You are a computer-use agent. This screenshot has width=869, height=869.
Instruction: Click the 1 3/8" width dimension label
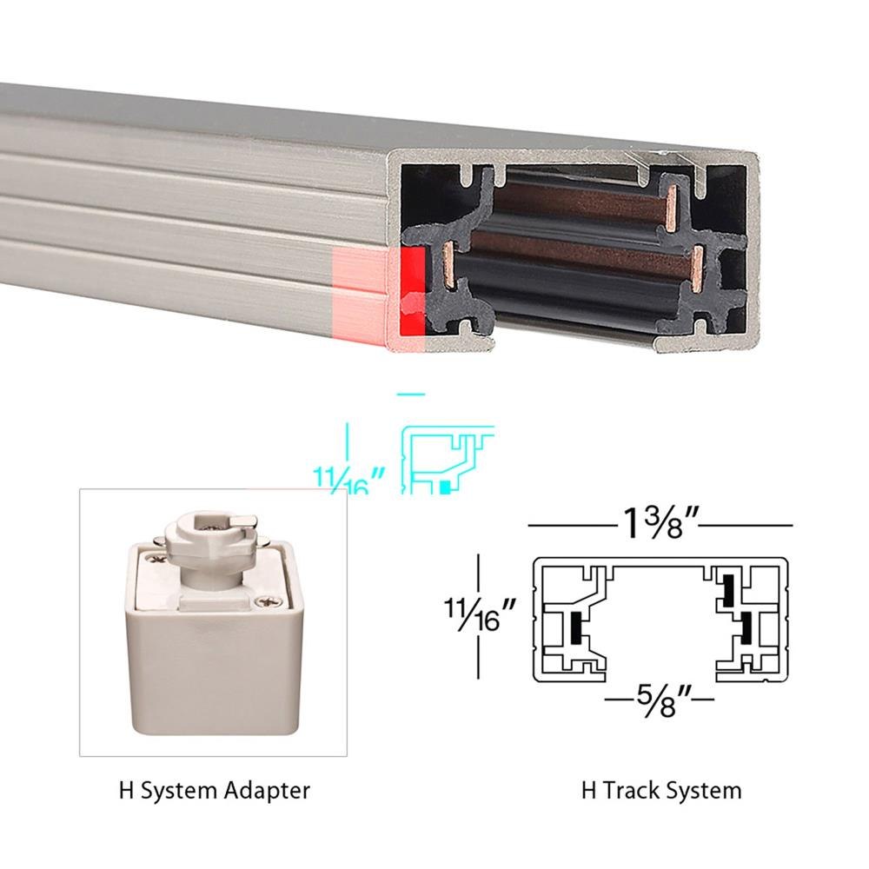point(660,524)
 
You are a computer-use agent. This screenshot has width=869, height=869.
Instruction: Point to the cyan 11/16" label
point(348,480)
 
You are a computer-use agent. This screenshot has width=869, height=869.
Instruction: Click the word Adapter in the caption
point(267,791)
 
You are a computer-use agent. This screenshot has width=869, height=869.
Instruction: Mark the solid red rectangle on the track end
point(412,290)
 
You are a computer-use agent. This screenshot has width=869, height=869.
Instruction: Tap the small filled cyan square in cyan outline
point(443,488)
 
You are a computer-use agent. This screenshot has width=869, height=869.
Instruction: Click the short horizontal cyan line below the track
point(411,395)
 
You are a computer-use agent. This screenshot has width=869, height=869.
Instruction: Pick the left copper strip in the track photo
point(449,266)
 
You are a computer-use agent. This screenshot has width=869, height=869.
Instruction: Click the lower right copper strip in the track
point(698,269)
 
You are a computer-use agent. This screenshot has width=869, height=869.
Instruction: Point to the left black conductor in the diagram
point(576,629)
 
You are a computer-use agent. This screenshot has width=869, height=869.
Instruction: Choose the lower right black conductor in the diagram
point(745,629)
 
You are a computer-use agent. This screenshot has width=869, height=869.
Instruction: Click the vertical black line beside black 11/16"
point(478,616)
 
